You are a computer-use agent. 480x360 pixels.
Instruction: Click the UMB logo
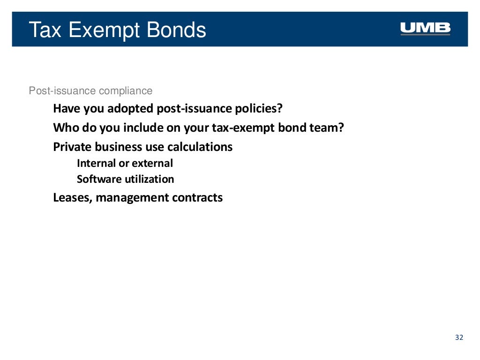(x=425, y=29)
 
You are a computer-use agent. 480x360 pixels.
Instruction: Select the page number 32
(x=459, y=337)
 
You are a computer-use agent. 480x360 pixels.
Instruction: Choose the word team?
(x=327, y=127)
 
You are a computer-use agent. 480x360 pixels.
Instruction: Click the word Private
(x=72, y=147)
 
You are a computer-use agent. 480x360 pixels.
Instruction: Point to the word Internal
(x=96, y=163)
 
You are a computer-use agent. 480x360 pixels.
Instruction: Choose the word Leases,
(x=73, y=197)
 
